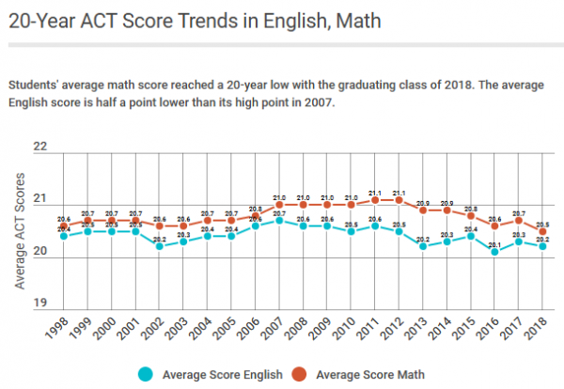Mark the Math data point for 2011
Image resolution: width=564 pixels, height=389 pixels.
pyautogui.click(x=375, y=200)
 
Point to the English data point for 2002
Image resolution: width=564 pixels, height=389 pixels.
pyautogui.click(x=159, y=246)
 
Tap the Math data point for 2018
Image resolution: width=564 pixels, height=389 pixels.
pyautogui.click(x=543, y=230)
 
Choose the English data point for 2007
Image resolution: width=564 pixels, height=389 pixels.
pyautogui.click(x=279, y=220)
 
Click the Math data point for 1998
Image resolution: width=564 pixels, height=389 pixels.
pyautogui.click(x=63, y=226)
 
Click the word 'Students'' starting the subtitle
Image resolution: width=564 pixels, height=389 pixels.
pyautogui.click(x=35, y=86)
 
